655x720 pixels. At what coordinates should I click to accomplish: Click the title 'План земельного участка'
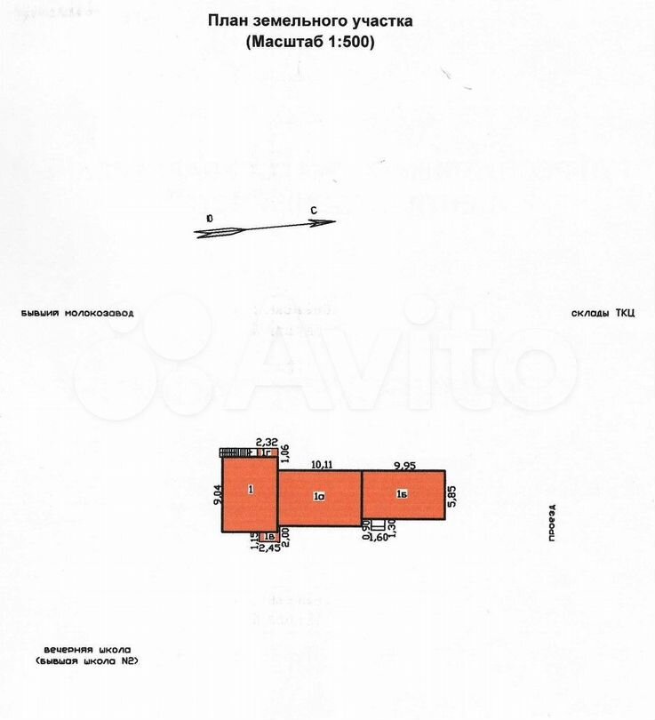coord(310,20)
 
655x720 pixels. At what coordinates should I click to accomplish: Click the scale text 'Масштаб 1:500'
coord(310,41)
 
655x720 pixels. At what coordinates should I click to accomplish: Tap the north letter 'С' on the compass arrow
coord(315,210)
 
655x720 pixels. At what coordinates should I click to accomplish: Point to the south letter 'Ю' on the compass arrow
coord(208,218)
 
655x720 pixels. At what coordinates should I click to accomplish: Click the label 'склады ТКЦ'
coord(603,313)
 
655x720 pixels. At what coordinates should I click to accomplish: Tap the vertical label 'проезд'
coord(552,523)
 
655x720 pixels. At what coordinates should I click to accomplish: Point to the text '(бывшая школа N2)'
coord(87,662)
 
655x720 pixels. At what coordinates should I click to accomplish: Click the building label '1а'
coord(318,498)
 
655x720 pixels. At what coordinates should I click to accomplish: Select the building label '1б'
coord(402,494)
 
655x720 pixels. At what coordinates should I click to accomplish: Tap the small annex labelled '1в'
coord(268,536)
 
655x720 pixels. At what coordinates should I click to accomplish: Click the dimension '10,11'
coord(322,464)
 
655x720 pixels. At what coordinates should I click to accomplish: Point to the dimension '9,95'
coord(404,464)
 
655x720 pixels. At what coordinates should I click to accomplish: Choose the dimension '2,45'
coord(268,548)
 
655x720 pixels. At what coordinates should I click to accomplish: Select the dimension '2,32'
coord(266,442)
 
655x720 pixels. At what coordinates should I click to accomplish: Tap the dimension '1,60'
coord(377,538)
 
